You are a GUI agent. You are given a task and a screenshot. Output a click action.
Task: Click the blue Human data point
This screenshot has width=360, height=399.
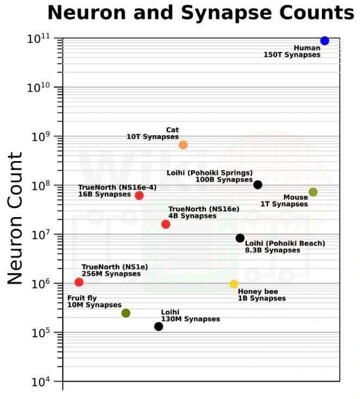325,41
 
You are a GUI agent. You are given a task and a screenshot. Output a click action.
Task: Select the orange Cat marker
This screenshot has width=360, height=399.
183,145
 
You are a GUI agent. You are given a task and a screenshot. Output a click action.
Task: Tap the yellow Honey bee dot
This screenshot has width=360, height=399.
234,284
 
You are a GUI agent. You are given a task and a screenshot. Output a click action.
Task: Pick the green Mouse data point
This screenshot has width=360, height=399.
313,192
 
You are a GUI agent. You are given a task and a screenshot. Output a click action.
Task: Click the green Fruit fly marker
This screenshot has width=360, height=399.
126,313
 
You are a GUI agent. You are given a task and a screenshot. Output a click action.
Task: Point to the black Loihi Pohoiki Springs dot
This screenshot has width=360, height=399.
258,185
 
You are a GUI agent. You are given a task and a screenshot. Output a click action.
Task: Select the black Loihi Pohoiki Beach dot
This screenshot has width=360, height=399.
240,238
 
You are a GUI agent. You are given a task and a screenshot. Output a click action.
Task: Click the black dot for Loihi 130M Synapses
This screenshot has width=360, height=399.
159,327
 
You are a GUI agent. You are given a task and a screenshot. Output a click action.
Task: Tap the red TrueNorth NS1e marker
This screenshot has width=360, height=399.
79,282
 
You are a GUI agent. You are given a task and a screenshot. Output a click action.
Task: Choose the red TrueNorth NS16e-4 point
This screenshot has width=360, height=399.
139,195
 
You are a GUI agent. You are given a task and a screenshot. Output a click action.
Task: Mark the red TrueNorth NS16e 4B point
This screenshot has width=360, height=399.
166,224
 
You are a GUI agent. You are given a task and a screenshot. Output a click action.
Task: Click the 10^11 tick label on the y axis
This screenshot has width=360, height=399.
39,39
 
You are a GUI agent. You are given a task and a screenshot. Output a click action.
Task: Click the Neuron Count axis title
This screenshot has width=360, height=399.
15,218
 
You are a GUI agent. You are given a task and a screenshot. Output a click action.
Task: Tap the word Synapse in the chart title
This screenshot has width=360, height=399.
226,13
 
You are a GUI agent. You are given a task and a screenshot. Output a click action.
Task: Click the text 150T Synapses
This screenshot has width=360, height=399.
292,55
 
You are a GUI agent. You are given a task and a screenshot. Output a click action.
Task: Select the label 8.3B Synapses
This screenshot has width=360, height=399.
272,250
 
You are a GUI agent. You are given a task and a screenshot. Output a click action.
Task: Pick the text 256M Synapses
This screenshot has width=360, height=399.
111,274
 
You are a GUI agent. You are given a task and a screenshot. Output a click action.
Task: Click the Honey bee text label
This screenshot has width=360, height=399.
258,291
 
